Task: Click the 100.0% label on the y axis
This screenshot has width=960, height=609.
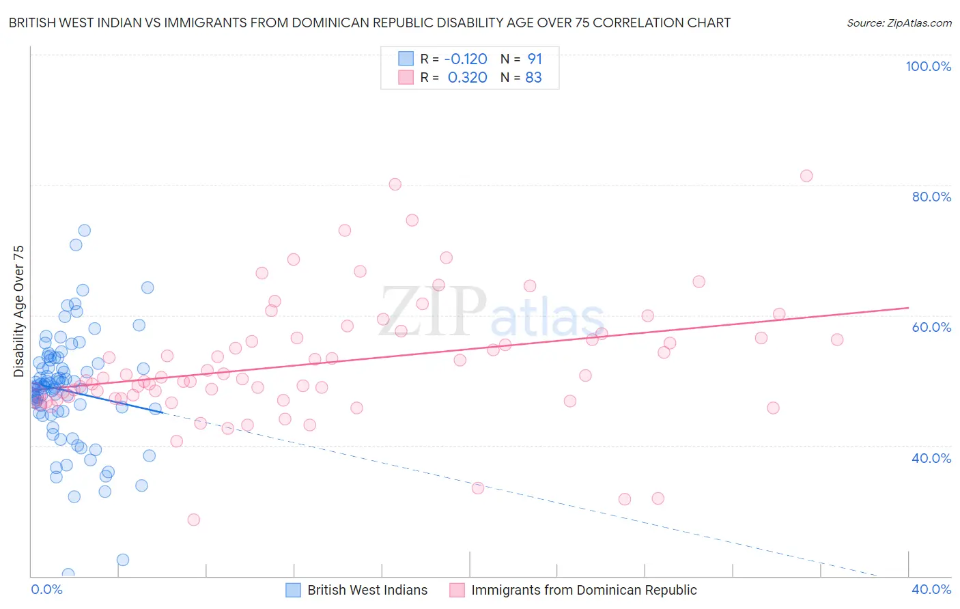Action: (928, 66)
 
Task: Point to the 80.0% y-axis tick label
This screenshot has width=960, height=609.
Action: (931, 197)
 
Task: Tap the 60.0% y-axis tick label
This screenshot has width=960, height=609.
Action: (931, 327)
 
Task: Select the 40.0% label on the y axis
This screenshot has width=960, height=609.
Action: (931, 458)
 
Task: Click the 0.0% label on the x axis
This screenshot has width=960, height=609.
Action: (46, 589)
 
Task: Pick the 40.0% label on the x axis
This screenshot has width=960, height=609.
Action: (931, 589)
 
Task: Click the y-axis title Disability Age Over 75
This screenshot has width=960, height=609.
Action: (18, 311)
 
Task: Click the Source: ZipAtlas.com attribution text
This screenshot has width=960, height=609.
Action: (899, 23)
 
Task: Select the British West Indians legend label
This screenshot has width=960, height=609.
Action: (367, 590)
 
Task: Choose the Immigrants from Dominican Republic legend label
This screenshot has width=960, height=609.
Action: (584, 590)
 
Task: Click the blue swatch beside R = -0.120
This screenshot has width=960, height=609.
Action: (406, 59)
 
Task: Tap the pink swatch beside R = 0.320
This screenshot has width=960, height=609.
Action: (406, 77)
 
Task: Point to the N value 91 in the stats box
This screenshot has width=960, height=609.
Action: (535, 59)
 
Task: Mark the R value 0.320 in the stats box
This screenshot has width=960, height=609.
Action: (467, 77)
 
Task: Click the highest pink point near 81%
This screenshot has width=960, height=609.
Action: (806, 175)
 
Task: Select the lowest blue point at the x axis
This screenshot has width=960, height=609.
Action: (68, 574)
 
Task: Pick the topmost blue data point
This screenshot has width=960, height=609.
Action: (85, 230)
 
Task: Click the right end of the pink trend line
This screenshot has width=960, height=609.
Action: (908, 308)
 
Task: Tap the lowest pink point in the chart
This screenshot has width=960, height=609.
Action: (194, 520)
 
